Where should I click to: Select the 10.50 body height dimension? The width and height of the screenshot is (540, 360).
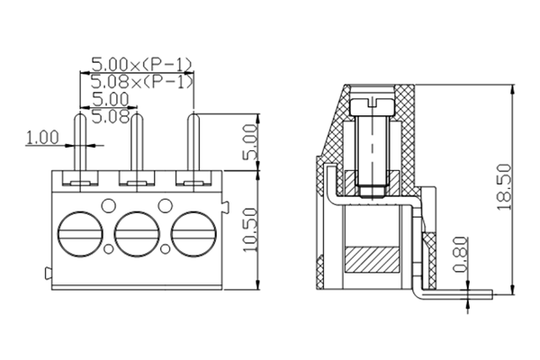[x=251, y=230]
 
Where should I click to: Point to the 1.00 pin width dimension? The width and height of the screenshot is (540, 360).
[x=41, y=139]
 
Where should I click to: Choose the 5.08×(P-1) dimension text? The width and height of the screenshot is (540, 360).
[x=142, y=82]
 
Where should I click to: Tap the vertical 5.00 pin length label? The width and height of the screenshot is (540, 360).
[x=251, y=142]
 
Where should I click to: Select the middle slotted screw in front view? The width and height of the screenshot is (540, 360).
[x=138, y=235]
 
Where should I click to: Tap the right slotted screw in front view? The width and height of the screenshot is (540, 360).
[x=193, y=235]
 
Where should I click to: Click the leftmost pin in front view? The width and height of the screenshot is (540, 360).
[x=79, y=144]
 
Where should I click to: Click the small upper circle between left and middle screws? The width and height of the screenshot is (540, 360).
[x=108, y=204]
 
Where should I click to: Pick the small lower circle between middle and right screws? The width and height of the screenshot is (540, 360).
[x=166, y=247]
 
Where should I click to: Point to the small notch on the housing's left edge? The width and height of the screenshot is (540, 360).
[x=47, y=272]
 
